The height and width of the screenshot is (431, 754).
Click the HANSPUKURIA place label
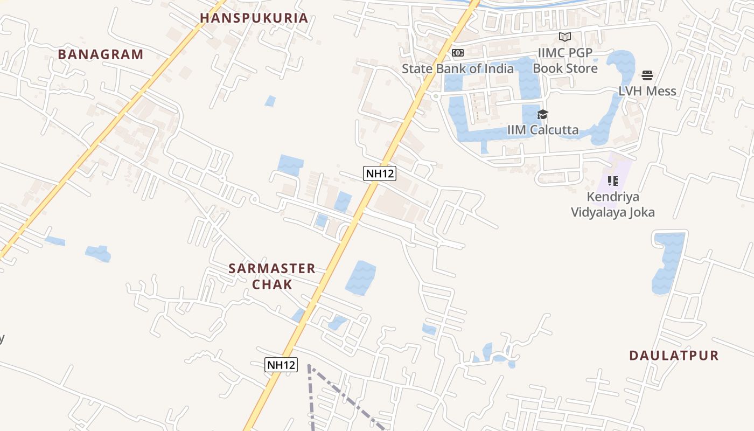[x=254, y=18]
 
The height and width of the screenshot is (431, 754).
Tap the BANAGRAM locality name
[x=101, y=54]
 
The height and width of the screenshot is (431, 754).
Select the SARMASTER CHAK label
[x=272, y=276]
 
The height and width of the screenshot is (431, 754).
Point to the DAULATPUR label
[x=674, y=356]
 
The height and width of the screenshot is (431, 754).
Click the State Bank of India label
[x=458, y=68]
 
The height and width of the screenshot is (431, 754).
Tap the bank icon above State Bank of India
[x=458, y=52]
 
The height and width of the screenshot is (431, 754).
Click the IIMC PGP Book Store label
[x=565, y=60]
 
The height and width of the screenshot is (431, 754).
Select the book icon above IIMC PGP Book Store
[x=565, y=37]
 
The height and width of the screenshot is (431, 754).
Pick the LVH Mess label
[x=647, y=91]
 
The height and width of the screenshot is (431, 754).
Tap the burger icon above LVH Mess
[x=647, y=75]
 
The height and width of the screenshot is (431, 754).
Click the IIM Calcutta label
[x=543, y=130]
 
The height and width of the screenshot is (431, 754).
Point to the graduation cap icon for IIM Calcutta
[x=543, y=114]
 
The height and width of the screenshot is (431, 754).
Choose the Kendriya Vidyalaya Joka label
[x=613, y=204]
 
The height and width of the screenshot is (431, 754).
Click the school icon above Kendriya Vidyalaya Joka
[x=612, y=181]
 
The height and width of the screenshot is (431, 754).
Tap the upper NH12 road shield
[x=380, y=173]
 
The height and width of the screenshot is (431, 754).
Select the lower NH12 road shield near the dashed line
[x=281, y=365]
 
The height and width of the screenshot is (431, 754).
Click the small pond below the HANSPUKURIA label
[x=270, y=101]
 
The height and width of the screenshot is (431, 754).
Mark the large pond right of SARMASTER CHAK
[x=360, y=277]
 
